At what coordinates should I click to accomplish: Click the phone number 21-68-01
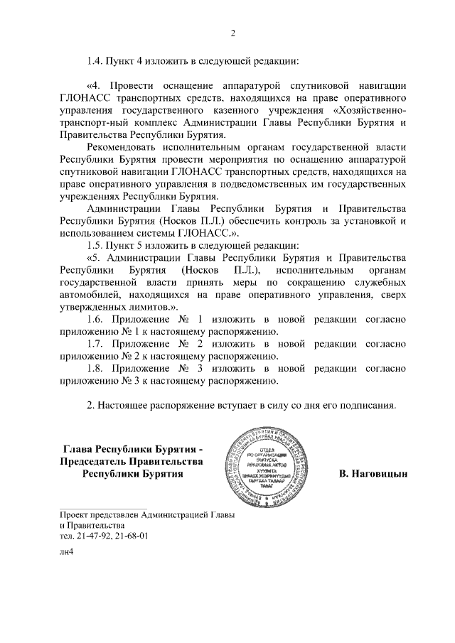(x=128, y=536)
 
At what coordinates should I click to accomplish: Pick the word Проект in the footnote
(x=77, y=513)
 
